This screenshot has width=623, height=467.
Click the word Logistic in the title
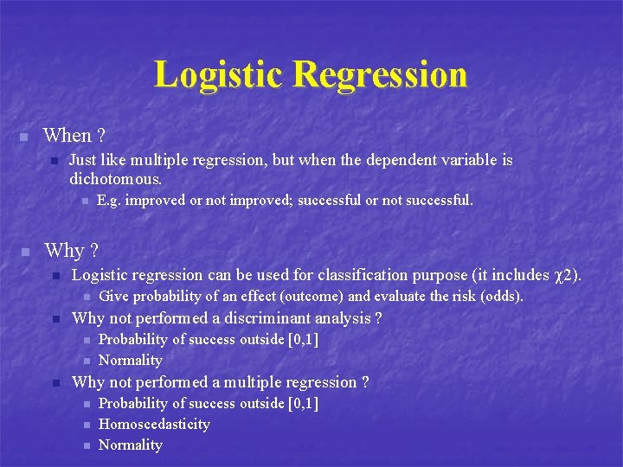coord(219,74)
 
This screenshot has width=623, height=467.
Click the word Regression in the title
coord(380,74)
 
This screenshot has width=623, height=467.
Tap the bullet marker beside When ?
coord(24,137)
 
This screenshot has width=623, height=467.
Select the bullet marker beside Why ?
coord(24,252)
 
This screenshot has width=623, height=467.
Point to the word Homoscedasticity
coord(154,424)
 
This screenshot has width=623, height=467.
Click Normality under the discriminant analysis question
coord(131,360)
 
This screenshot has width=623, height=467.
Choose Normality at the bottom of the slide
coord(131,445)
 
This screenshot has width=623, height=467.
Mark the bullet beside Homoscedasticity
coord(86,425)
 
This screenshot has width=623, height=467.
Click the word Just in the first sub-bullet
coord(84,160)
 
